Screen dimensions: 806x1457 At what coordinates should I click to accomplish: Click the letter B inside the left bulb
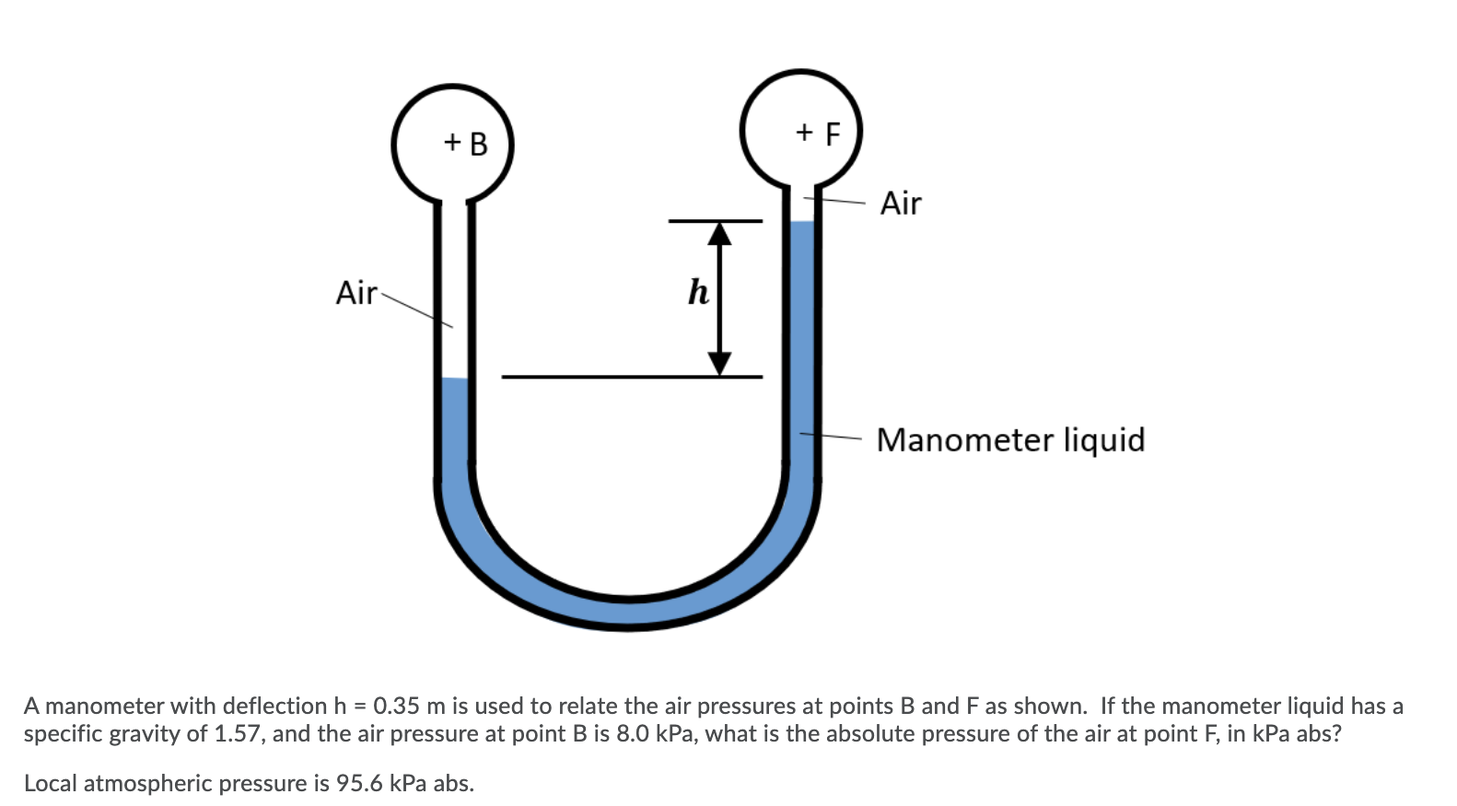pyautogui.click(x=479, y=145)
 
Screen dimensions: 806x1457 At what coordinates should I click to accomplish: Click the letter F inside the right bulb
pyautogui.click(x=833, y=134)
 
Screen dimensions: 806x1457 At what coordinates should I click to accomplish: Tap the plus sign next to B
pyautogui.click(x=452, y=142)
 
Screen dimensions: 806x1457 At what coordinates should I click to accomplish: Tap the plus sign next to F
pyautogui.click(x=805, y=132)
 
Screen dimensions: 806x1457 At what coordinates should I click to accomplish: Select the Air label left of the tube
pyautogui.click(x=356, y=293)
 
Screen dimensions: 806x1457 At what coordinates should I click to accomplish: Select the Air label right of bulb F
pyautogui.click(x=900, y=204)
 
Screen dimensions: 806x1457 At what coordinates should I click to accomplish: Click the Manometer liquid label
pyautogui.click(x=1010, y=440)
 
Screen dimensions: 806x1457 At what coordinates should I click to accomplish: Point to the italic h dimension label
pyautogui.click(x=698, y=293)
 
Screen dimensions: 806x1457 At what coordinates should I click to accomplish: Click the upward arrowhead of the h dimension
pyautogui.click(x=719, y=234)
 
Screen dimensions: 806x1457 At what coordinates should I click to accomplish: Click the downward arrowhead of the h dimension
pyautogui.click(x=719, y=364)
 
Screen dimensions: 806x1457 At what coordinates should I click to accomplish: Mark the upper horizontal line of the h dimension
pyautogui.click(x=716, y=221)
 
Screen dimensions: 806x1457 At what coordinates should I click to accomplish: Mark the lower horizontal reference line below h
pyautogui.click(x=632, y=377)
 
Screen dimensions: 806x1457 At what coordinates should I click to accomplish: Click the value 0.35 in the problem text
pyautogui.click(x=398, y=707)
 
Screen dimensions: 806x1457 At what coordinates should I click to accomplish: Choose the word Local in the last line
pyautogui.click(x=51, y=784)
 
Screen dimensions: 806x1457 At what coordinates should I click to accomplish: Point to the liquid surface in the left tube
pyautogui.click(x=454, y=379)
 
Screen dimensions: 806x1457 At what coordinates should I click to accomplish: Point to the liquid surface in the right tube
pyautogui.click(x=802, y=222)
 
